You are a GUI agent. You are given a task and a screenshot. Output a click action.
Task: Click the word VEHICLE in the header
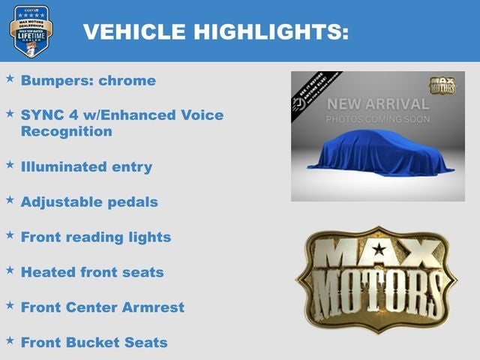tap(133, 31)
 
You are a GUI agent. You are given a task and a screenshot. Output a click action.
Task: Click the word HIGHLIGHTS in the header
tap(271, 31)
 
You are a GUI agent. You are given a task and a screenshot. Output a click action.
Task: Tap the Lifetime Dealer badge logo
tap(31, 31)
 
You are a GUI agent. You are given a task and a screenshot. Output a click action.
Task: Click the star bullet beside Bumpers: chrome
tap(10, 78)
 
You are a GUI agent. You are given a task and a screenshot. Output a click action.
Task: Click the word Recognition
tap(67, 132)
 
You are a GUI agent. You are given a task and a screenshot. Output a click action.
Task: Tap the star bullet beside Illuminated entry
tap(10, 164)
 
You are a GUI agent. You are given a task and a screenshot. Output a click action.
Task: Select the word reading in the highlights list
tap(97, 237)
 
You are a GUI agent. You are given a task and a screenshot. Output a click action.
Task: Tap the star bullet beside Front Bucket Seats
tap(10, 340)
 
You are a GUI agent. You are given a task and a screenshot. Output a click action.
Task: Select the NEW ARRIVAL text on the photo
tap(377, 104)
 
